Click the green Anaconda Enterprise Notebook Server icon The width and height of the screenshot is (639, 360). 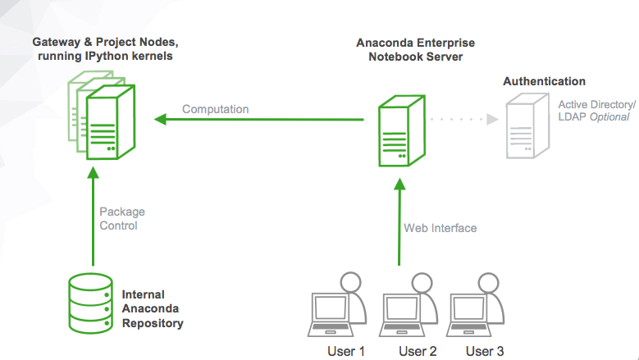tap(402, 130)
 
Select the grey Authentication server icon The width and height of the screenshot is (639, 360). tap(527, 125)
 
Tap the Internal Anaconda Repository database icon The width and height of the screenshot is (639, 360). tap(90, 303)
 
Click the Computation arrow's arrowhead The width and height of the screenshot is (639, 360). tap(160, 120)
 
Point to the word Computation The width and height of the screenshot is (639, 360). tap(215, 109)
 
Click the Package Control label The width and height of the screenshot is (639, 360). tap(122, 219)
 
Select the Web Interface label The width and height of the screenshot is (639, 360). tap(440, 228)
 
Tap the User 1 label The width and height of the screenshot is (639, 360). tap(346, 351)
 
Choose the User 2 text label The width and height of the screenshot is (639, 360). tap(418, 351)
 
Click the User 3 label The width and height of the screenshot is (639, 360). tap(485, 351)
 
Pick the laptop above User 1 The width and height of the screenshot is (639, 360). tap(331, 315)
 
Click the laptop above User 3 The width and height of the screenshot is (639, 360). tap(469, 315)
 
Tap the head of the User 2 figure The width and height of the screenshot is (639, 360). tap(422, 282)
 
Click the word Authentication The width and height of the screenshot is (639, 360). tap(544, 81)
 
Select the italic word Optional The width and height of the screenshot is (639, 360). tap(609, 117)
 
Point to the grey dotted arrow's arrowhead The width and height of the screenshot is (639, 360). tap(493, 120)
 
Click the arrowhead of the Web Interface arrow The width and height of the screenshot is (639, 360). tap(399, 185)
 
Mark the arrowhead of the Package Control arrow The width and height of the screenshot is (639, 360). tap(94, 173)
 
